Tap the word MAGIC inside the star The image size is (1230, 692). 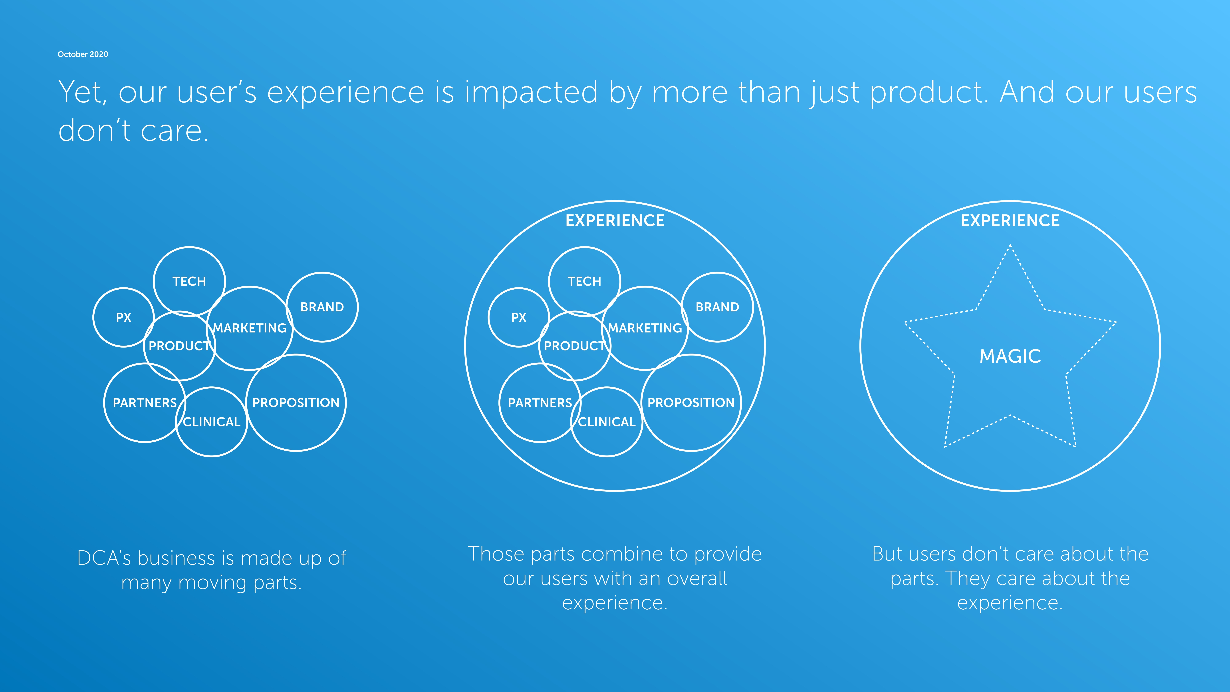point(1010,356)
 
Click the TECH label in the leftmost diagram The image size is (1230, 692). point(189,281)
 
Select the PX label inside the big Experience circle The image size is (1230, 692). point(519,318)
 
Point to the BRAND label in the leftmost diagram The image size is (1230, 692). point(322,307)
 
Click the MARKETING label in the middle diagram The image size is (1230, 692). point(645,328)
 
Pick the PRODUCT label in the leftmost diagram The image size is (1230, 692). point(180,346)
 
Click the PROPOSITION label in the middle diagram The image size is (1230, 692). point(691,403)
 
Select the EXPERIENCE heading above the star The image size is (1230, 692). point(1010,221)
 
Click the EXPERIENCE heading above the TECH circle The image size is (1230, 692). point(615,221)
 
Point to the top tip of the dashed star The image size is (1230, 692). point(1010,245)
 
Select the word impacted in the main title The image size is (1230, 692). point(531,92)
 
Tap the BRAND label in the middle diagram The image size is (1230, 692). point(717,307)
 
